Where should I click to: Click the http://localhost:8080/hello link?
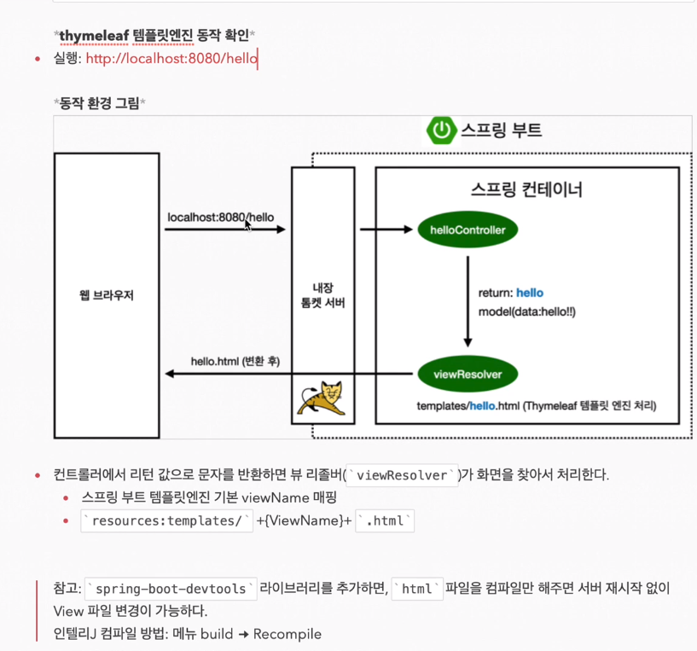[x=171, y=59]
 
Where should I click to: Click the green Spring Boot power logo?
[x=441, y=130]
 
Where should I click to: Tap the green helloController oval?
[x=468, y=230]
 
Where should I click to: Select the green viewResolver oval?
[x=468, y=374]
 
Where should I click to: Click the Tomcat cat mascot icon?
[x=321, y=398]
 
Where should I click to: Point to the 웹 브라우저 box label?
[x=106, y=296]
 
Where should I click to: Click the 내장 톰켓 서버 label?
[x=322, y=296]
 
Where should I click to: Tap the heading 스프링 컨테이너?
[x=526, y=189]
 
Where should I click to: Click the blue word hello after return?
[x=529, y=293]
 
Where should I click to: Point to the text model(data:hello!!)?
[x=526, y=311]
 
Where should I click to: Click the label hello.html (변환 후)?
[x=235, y=361]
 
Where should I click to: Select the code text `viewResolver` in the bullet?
[x=402, y=475]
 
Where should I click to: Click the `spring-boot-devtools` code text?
[x=171, y=589]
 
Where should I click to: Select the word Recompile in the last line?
[x=287, y=634]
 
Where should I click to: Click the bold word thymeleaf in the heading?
[x=94, y=35]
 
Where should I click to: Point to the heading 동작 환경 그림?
[x=99, y=102]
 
